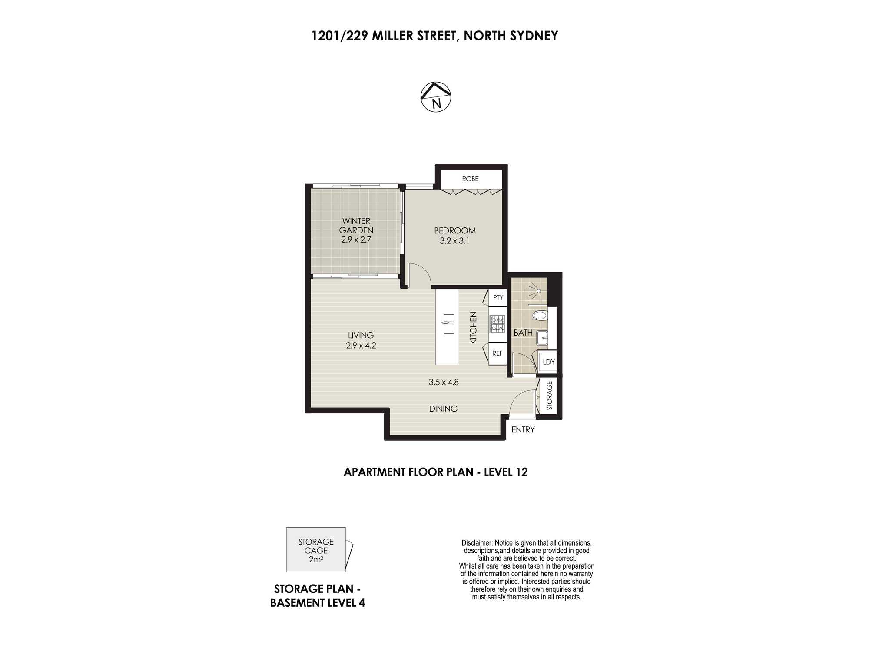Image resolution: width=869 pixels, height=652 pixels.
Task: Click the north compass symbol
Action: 436,97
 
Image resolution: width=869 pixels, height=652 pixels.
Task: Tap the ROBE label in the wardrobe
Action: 470,179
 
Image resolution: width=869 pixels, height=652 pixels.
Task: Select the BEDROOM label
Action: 455,230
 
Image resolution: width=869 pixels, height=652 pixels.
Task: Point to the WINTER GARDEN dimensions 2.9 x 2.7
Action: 356,240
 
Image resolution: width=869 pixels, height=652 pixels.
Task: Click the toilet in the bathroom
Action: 540,315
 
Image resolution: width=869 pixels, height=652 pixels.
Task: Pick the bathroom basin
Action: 542,338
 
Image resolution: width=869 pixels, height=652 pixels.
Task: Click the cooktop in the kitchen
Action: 498,324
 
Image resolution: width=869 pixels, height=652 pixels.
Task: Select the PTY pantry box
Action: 498,298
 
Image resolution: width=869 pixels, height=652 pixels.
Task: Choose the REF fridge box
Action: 498,353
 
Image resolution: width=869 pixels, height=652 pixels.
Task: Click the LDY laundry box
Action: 548,362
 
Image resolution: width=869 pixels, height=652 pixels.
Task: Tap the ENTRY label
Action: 523,429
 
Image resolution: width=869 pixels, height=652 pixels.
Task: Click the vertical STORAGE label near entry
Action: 549,396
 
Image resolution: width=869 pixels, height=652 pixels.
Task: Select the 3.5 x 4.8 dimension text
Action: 444,383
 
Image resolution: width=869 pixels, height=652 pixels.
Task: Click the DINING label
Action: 443,409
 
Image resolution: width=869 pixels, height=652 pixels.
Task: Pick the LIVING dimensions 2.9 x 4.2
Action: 361,346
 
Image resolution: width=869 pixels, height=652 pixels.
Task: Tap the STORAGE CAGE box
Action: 316,550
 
